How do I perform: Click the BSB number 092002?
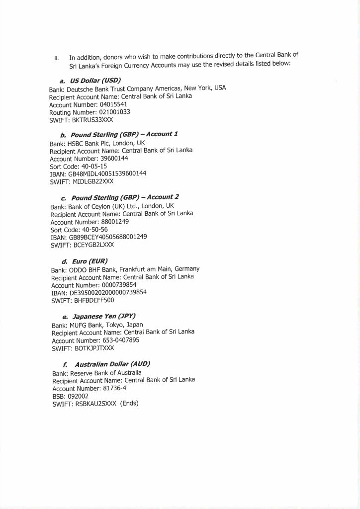click(77, 396)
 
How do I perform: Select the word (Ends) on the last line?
click(129, 404)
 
